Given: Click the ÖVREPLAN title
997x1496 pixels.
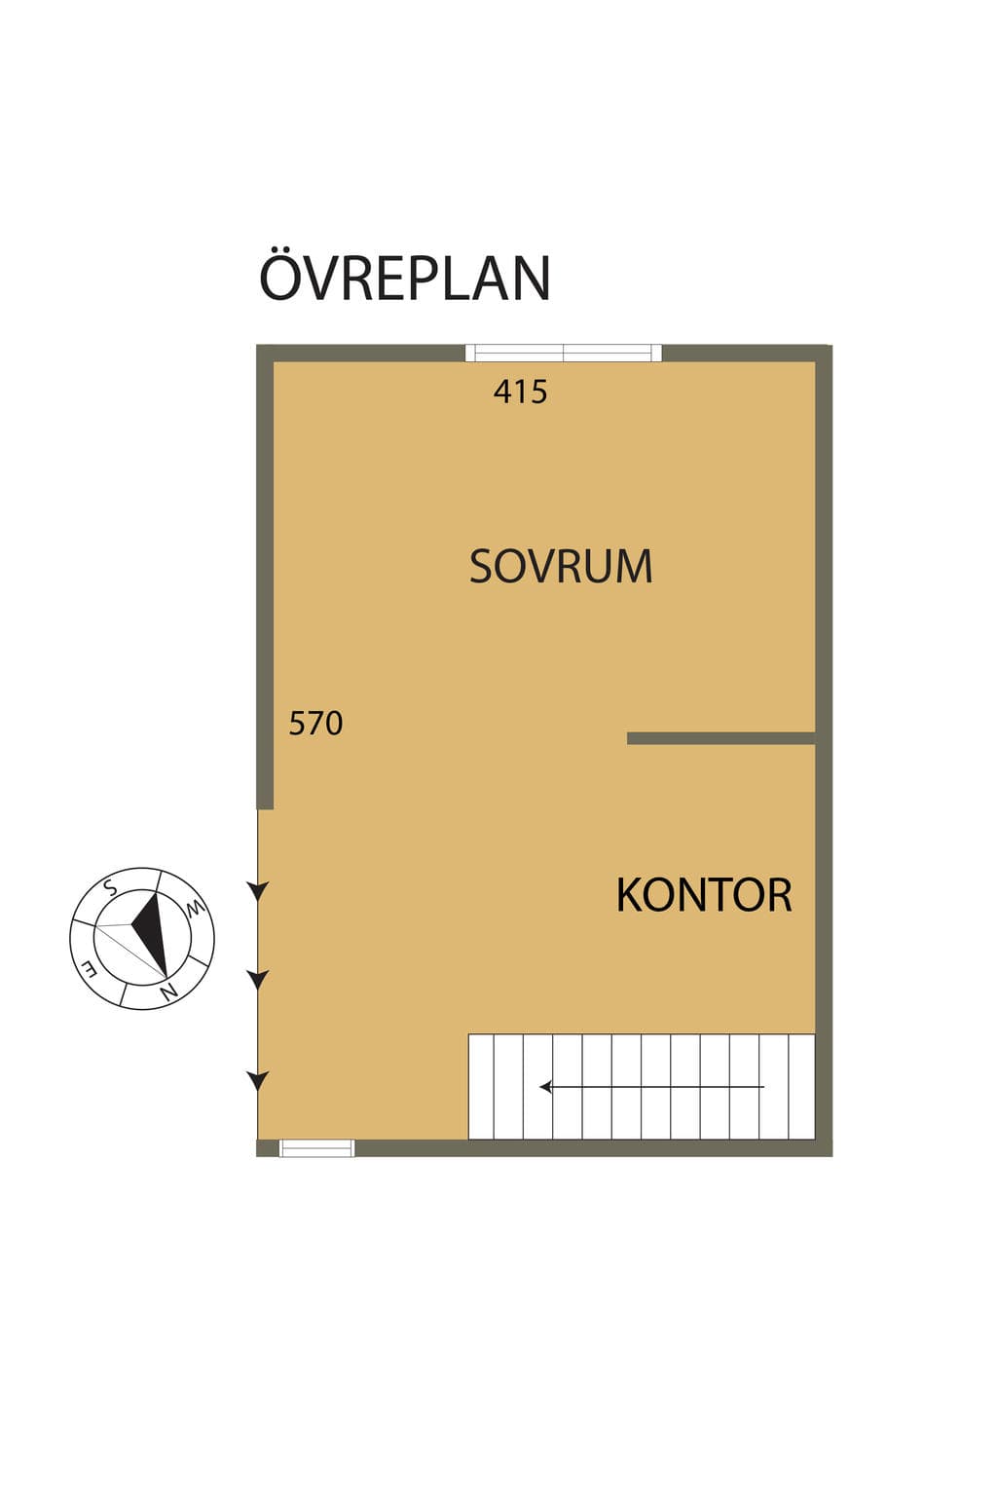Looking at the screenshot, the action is click(405, 277).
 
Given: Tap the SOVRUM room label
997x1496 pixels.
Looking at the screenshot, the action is click(561, 566).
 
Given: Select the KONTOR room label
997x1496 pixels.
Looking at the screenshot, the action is click(704, 895).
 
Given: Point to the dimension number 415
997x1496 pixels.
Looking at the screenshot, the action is click(520, 392).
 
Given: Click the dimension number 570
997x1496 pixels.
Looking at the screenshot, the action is click(315, 723).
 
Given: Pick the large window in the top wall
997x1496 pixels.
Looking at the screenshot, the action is click(564, 353).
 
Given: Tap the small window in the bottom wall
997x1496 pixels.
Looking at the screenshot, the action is click(316, 1148).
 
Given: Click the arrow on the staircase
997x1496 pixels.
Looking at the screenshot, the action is click(651, 1087).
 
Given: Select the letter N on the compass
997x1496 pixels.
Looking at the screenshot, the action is click(169, 991).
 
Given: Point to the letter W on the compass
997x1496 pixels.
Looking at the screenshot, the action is click(195, 909).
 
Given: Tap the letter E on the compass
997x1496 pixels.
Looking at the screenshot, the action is click(89, 968).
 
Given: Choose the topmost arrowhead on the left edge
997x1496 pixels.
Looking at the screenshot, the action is click(258, 890).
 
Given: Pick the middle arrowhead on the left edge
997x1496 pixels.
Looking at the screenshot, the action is click(258, 980).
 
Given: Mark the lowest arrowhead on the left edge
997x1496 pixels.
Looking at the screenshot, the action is click(258, 1080).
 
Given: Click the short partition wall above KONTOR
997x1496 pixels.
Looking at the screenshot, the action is click(721, 738).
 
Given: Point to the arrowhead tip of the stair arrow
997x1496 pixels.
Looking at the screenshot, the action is click(540, 1087).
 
